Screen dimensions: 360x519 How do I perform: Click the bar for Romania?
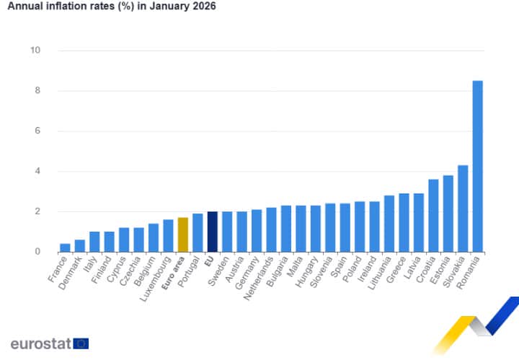pos(477,166)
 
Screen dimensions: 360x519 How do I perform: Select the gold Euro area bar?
pos(183,234)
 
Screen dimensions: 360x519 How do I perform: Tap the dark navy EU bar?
pos(212,232)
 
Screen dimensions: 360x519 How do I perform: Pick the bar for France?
pos(65,247)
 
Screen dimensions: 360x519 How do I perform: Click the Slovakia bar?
pos(463,208)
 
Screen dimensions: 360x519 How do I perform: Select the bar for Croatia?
pos(433,216)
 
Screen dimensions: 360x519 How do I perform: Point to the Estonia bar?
pos(448,214)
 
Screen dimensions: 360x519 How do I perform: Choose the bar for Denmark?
pos(80,245)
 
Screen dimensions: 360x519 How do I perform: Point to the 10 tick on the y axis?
pos(35,51)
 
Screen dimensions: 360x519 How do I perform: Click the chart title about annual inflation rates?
pos(111,6)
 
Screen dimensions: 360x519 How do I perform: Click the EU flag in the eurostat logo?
pos(81,343)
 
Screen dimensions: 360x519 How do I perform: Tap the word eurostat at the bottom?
pos(40,343)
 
